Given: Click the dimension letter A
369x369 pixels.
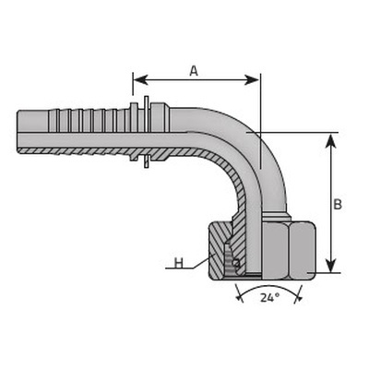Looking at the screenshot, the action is [194, 71].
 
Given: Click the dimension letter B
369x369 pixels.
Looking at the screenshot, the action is [338, 204].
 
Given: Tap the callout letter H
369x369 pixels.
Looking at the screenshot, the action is [179, 263].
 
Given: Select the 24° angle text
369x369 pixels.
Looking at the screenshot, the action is [270, 298].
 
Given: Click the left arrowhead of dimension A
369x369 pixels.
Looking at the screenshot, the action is [140, 80].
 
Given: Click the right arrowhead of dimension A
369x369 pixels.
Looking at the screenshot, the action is [252, 80].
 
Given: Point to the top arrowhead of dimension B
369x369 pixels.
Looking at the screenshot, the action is [330, 141].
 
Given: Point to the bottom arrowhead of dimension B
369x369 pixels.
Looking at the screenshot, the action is [330, 265].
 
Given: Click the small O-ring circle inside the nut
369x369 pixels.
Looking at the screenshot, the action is [236, 263].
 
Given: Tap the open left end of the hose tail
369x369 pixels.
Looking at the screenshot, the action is [18, 132].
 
